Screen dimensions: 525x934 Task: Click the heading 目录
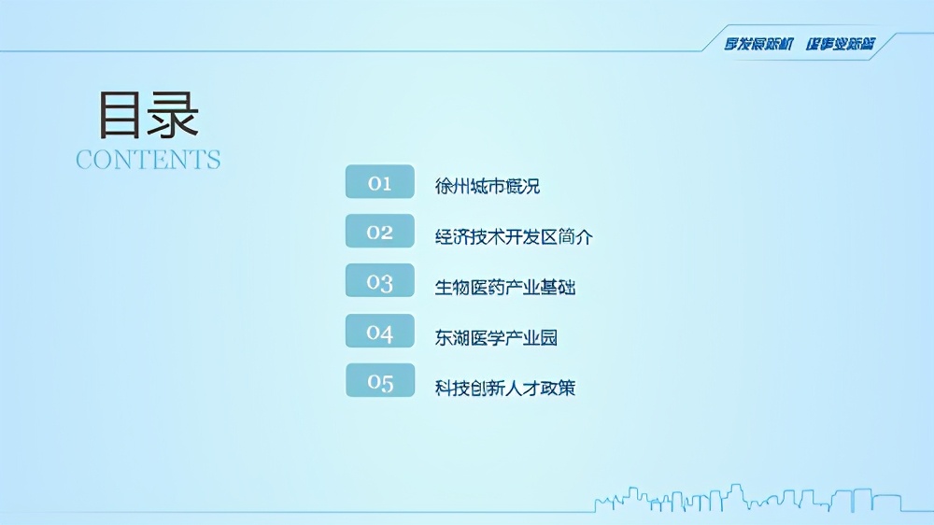tap(149, 115)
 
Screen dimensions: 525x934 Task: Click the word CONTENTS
tap(149, 160)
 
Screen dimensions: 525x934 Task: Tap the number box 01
tap(380, 182)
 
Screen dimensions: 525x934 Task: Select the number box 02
tap(380, 232)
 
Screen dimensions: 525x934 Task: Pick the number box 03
tap(380, 281)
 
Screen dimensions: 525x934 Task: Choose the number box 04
tap(380, 332)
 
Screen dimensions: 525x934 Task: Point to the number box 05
tap(380, 381)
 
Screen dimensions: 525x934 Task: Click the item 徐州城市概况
tap(488, 186)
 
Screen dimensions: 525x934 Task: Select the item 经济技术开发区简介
tap(514, 236)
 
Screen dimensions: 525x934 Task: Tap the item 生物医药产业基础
tap(505, 287)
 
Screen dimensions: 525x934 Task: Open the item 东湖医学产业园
tap(496, 337)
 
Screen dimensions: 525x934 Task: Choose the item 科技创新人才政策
tap(505, 387)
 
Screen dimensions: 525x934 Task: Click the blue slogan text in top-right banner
tap(800, 43)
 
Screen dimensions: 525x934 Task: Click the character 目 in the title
tap(121, 115)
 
